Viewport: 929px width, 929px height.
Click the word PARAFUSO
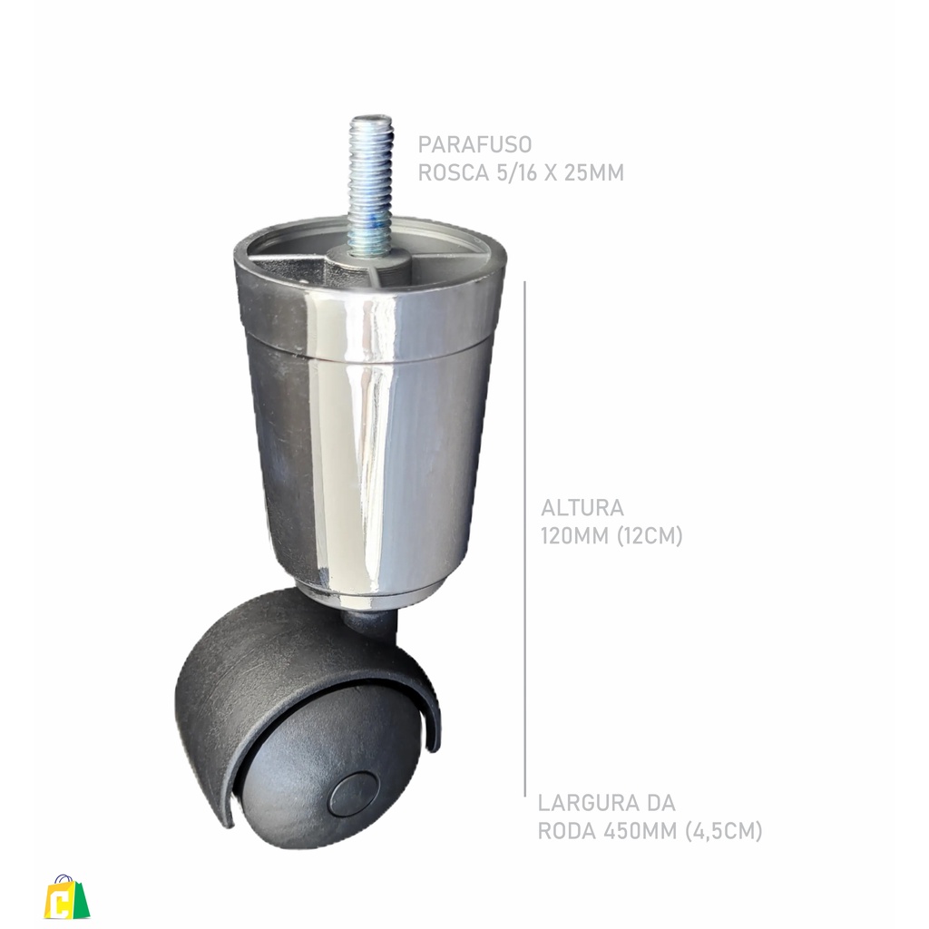(x=474, y=144)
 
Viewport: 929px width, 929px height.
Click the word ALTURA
(x=582, y=508)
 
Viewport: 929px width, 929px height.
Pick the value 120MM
(x=574, y=536)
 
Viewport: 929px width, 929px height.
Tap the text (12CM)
(x=650, y=536)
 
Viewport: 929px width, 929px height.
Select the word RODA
(x=566, y=831)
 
